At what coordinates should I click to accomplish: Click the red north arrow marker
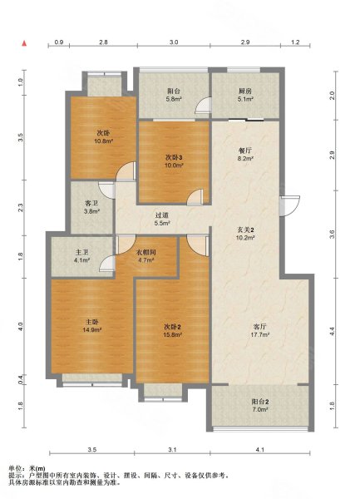24,43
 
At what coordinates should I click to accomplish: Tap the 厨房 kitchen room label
245,91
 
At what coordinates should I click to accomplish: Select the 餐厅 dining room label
245,151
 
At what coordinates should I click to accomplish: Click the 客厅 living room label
260,327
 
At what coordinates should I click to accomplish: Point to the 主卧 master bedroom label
91,322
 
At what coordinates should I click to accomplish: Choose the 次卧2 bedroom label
173,327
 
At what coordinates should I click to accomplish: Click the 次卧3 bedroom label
174,157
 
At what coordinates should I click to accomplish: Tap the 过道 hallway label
162,215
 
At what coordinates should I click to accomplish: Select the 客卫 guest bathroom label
91,203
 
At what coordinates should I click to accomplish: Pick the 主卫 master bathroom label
82,252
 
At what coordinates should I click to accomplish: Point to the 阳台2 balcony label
260,402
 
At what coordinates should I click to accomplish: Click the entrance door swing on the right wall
290,206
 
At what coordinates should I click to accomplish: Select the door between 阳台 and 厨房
203,105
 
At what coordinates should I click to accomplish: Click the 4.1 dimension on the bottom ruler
260,450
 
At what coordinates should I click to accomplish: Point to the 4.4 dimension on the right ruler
333,331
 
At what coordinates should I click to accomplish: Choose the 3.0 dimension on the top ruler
174,42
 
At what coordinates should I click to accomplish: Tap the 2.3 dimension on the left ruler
20,208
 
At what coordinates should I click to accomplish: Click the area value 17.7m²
260,334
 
